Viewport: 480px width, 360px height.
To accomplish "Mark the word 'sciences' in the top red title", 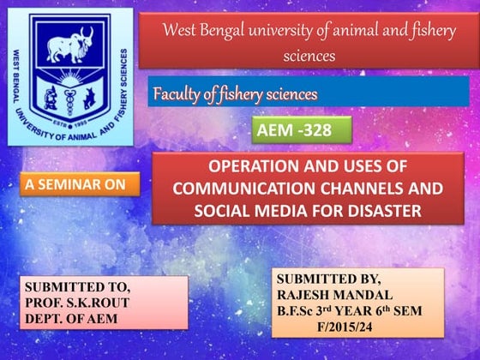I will (309, 57).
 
